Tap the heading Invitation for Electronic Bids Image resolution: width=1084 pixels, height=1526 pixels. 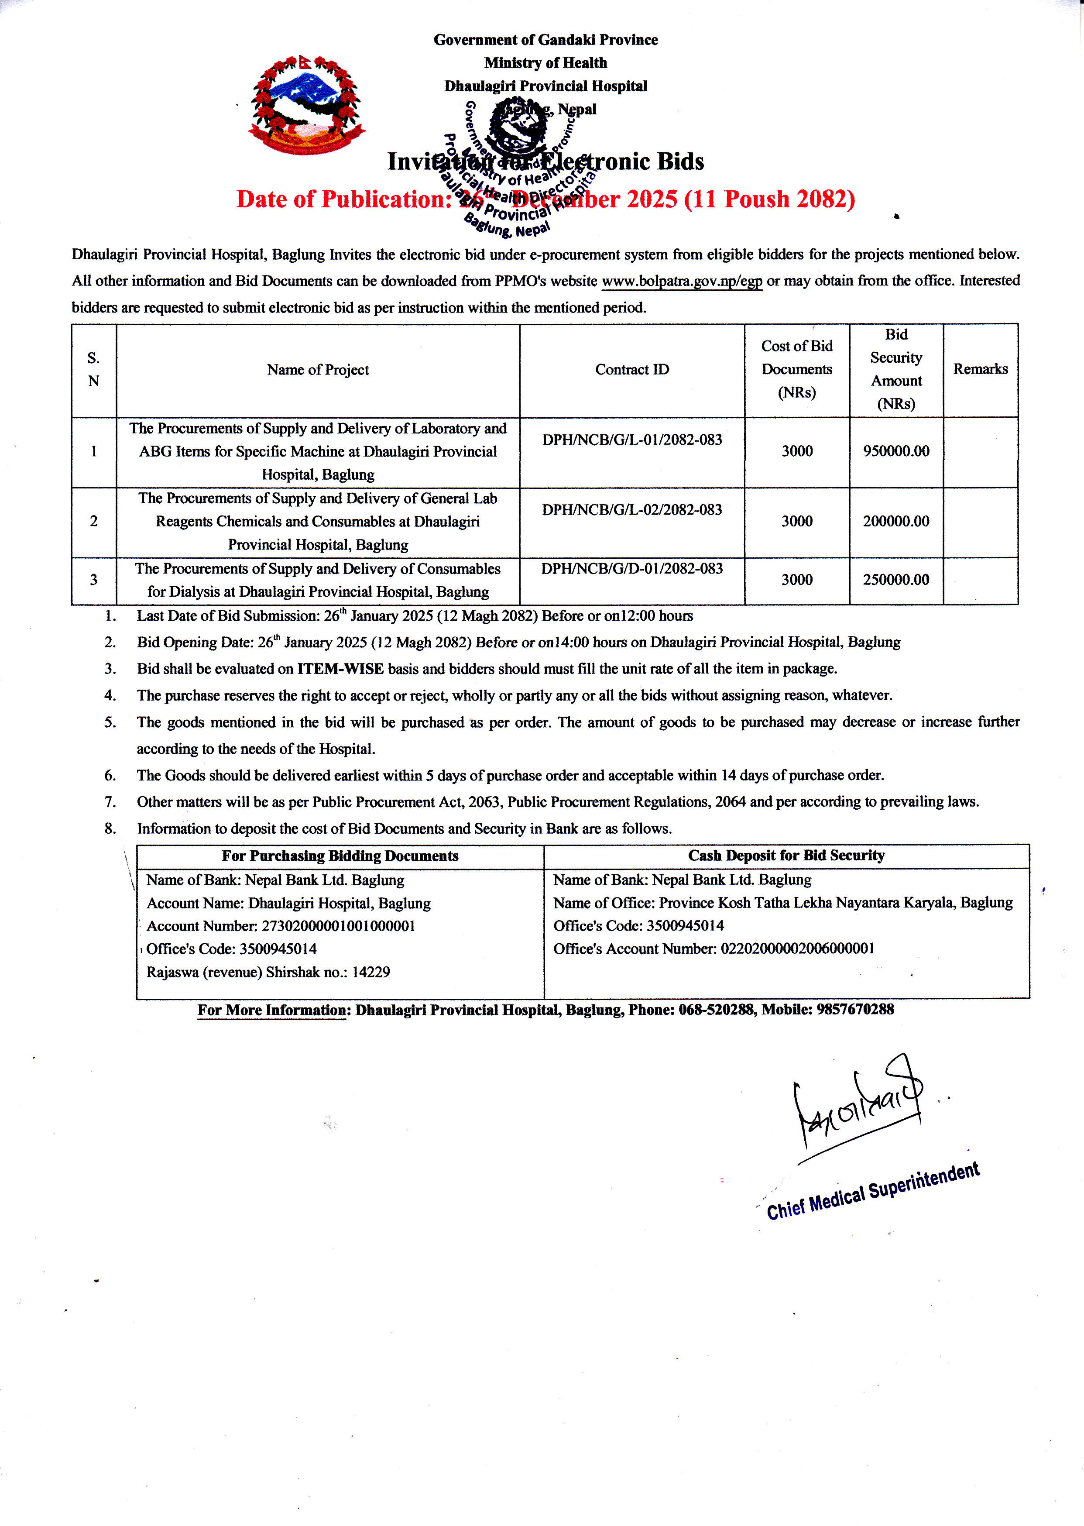[x=545, y=162]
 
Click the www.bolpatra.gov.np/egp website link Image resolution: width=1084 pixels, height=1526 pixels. [x=682, y=281]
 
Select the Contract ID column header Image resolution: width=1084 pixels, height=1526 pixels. [x=631, y=370]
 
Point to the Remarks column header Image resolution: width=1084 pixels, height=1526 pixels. [x=980, y=369]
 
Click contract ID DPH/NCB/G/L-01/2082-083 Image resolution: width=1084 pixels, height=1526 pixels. [x=631, y=440]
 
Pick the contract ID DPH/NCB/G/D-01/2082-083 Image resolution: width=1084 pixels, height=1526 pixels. [x=631, y=569]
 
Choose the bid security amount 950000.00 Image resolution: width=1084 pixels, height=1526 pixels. [x=896, y=451]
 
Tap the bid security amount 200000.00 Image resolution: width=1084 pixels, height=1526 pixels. [x=896, y=521]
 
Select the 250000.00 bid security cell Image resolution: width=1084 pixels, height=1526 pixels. [x=896, y=579]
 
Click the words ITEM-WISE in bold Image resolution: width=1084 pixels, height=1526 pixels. [x=340, y=669]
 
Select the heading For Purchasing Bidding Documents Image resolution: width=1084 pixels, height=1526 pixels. [x=340, y=856]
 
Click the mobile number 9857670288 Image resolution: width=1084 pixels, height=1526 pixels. [x=855, y=1009]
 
